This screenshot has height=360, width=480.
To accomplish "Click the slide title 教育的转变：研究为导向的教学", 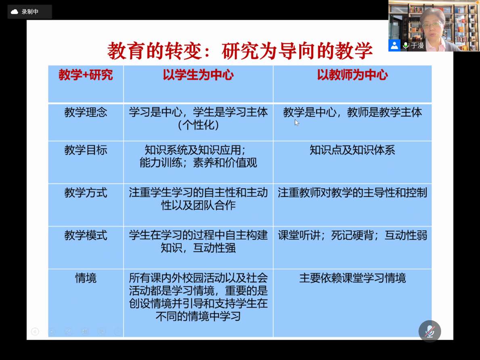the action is click(x=240, y=51).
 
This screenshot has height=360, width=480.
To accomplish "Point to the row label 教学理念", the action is click(x=86, y=112).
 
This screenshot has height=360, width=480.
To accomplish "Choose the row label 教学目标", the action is click(x=86, y=150).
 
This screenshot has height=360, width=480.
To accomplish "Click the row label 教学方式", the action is click(x=86, y=193).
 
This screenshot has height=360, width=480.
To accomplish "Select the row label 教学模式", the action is click(x=86, y=235).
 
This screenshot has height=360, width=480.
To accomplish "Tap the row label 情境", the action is click(x=86, y=278).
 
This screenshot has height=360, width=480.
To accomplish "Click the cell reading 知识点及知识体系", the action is click(x=352, y=150).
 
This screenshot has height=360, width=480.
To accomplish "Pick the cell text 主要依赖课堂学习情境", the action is click(x=352, y=278).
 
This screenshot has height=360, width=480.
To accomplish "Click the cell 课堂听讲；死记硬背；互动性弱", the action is click(x=352, y=235).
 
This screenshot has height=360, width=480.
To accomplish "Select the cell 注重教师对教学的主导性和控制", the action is click(x=352, y=193).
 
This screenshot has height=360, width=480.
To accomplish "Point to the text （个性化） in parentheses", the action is click(x=198, y=125).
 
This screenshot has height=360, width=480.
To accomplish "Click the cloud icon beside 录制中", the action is click(x=15, y=12).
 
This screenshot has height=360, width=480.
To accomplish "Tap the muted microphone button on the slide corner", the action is click(x=430, y=331).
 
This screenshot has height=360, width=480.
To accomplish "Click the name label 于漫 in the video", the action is click(x=417, y=46).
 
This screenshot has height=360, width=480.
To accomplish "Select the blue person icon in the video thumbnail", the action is click(x=394, y=45).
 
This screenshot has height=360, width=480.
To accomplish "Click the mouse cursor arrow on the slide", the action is click(x=297, y=123).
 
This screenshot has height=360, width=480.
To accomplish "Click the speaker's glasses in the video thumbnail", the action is click(x=432, y=24).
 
